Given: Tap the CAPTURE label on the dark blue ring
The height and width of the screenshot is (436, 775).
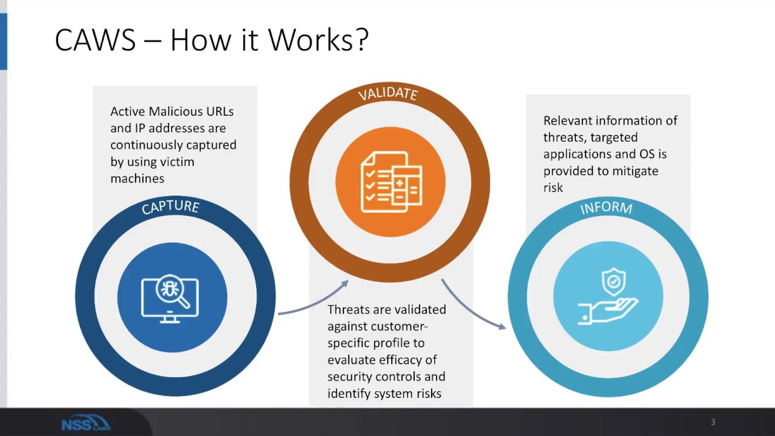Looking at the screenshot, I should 170,207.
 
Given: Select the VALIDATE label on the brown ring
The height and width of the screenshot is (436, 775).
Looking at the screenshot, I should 388,93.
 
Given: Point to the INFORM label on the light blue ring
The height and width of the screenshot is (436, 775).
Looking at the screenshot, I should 606,208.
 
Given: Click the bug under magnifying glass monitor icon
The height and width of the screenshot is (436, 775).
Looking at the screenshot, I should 170,297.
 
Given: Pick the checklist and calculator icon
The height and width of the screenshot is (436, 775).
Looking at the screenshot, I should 390,182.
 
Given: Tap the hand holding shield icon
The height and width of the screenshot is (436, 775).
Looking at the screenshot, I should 608,297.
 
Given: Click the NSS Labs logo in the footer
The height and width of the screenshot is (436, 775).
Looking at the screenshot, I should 85,423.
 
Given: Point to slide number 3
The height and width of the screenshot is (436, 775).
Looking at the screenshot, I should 713,422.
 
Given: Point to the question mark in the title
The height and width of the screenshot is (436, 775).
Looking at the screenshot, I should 361,41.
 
